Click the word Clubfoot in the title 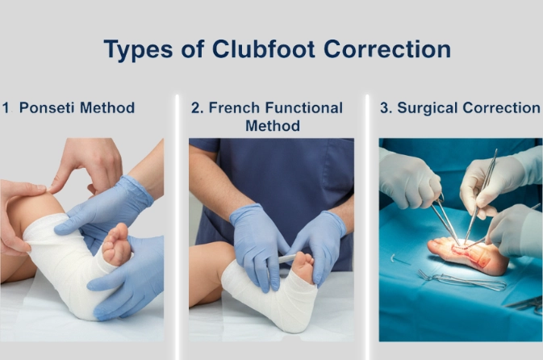[x=264, y=49]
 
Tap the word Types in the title [x=138, y=50]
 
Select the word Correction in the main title [x=387, y=49]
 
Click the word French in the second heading [x=235, y=107]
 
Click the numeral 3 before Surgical [x=384, y=107]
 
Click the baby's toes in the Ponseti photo [x=116, y=239]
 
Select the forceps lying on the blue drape [x=462, y=280]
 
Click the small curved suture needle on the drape [x=393, y=258]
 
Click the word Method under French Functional [x=273, y=125]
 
